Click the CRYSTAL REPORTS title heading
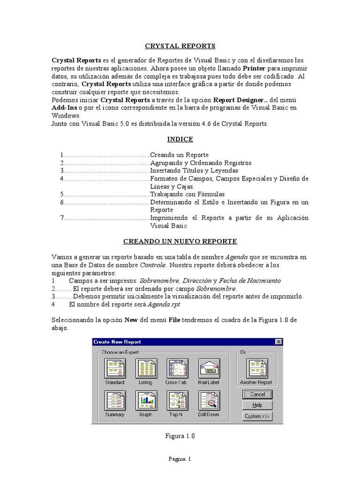click(x=180, y=46)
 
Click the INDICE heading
click(x=180, y=139)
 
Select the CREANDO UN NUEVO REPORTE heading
click(x=180, y=241)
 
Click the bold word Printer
click(x=257, y=68)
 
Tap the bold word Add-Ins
click(x=64, y=107)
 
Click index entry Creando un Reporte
click(x=179, y=155)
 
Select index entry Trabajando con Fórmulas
click(x=187, y=194)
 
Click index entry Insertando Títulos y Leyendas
click(x=194, y=171)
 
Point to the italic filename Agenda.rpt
click(x=164, y=304)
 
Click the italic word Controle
click(x=153, y=265)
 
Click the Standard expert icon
click(x=115, y=369)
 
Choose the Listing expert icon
click(x=146, y=369)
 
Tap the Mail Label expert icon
click(x=209, y=369)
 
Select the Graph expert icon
click(x=146, y=401)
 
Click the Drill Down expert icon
click(x=209, y=401)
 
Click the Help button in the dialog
click(x=257, y=405)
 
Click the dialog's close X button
click(x=278, y=342)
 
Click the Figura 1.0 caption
click(x=180, y=436)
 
